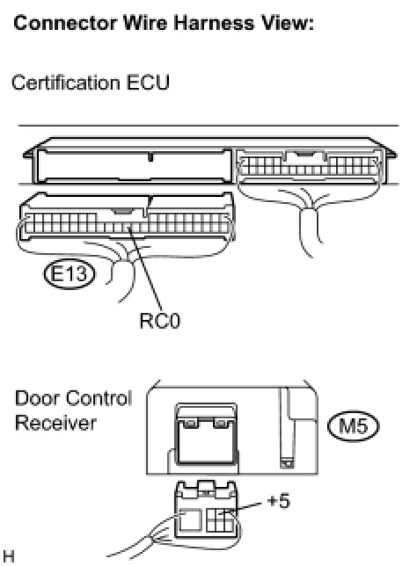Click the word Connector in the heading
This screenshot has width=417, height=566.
coord(65,23)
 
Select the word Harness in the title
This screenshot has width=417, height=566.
coord(214,23)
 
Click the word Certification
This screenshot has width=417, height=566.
coord(65,83)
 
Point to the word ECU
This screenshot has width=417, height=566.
coord(148,83)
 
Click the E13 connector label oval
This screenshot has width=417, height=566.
coord(69,274)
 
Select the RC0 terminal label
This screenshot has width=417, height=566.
coord(159,321)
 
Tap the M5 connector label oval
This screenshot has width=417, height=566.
coord(354,426)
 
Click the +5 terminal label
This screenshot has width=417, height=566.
coord(278,501)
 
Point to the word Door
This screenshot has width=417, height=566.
coord(37,398)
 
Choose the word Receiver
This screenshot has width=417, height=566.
coord(55,423)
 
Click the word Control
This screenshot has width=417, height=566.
coord(99,398)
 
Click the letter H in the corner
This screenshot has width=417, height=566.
coord(9,556)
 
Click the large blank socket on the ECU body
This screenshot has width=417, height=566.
coord(134,166)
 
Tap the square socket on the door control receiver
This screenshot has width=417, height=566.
coord(207,434)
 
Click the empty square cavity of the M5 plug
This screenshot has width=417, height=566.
coord(190,519)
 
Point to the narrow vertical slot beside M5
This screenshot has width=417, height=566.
coord(288,428)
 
